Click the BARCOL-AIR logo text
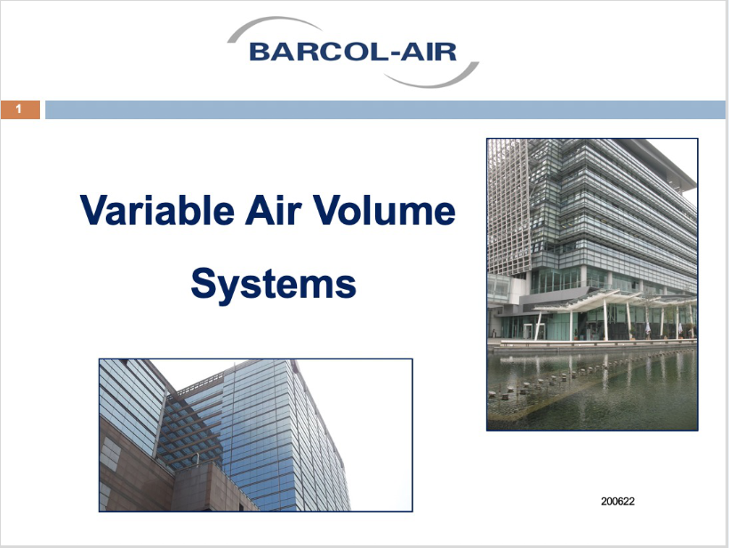click(x=353, y=52)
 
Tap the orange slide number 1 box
click(x=20, y=109)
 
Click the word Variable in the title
click(x=157, y=210)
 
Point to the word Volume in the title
click(x=384, y=210)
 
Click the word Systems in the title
click(x=274, y=285)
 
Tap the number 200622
click(x=617, y=502)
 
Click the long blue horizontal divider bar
click(x=385, y=109)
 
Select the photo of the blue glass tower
click(x=256, y=435)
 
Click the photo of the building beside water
click(x=592, y=285)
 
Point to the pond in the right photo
click(x=592, y=389)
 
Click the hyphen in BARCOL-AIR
click(x=393, y=54)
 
